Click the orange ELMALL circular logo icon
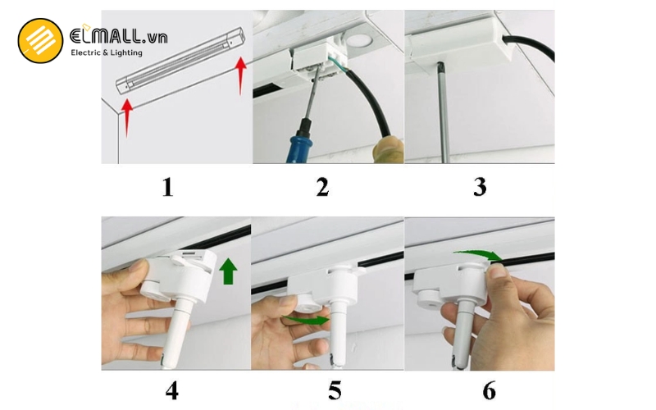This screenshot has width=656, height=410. click(40, 41)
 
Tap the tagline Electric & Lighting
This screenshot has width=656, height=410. click(107, 53)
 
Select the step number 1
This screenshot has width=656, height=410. click(167, 187)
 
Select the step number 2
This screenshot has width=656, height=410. click(322, 187)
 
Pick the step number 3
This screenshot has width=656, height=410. click(480, 187)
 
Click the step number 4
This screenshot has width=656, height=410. click(171, 390)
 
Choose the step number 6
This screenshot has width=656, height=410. click(489, 390)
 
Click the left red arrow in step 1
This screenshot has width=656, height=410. click(127, 116)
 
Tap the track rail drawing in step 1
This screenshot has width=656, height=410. click(180, 61)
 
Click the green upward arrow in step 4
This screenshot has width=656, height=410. click(227, 271)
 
